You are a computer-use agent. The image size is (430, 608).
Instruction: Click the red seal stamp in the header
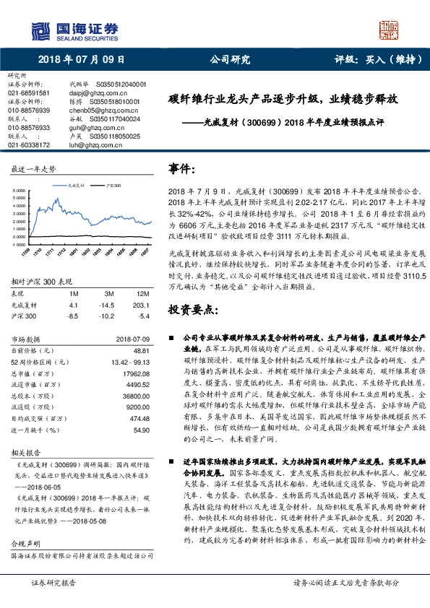390,32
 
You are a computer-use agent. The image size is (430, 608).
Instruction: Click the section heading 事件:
184,168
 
